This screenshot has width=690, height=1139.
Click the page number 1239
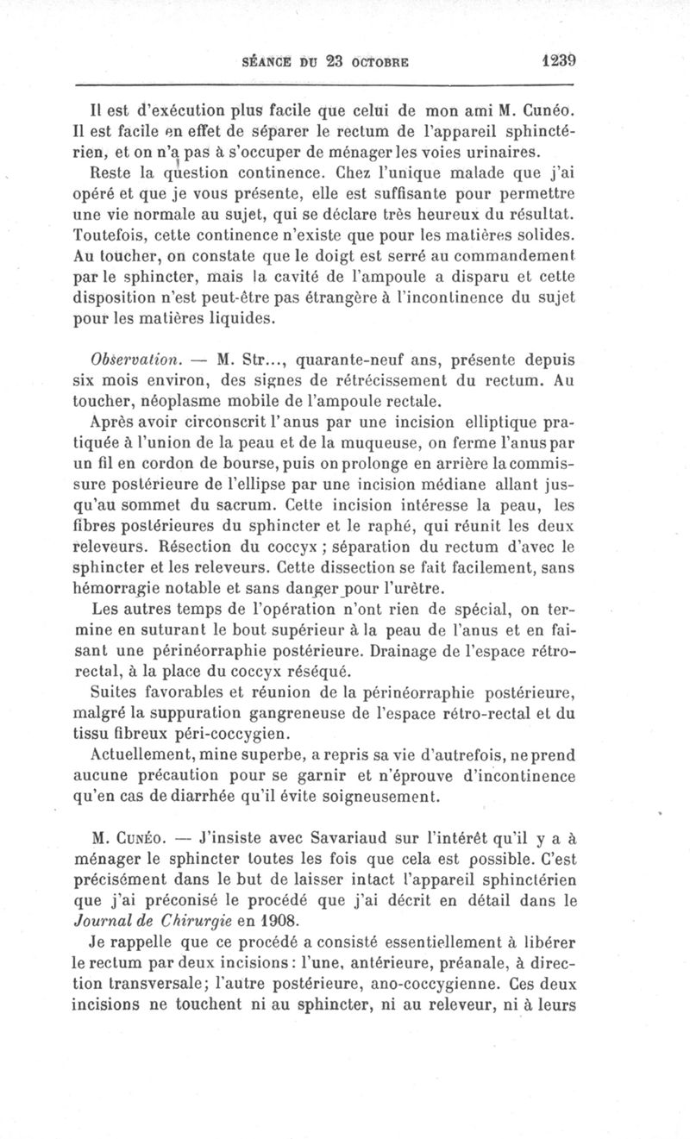pyautogui.click(x=558, y=61)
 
